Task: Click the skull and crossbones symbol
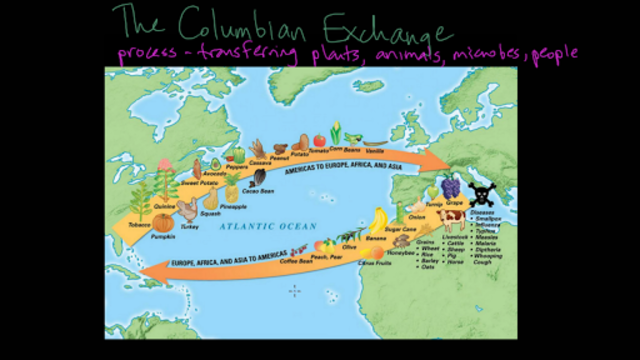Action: (x=480, y=193)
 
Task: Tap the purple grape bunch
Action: (x=450, y=189)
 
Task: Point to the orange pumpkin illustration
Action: (x=163, y=222)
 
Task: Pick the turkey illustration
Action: (x=188, y=209)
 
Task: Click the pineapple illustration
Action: (x=232, y=189)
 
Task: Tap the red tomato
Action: (x=319, y=141)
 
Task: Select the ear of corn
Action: (x=337, y=132)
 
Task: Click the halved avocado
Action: (x=212, y=163)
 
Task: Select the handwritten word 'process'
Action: (x=147, y=53)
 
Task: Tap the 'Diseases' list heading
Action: (x=482, y=212)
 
